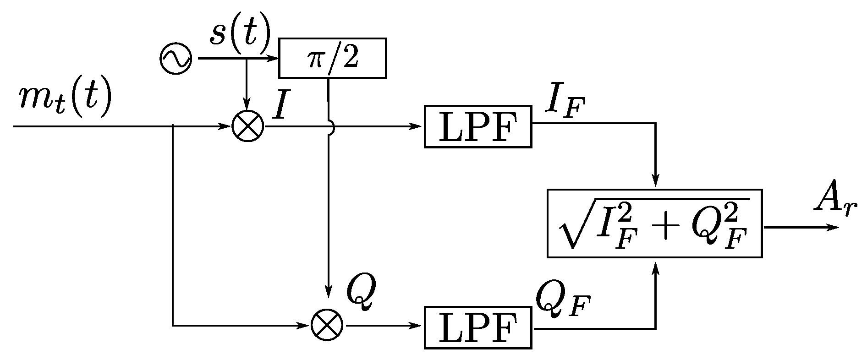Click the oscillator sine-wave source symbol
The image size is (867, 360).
(176, 59)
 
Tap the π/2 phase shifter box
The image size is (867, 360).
(332, 58)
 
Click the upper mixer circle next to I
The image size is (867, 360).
(248, 126)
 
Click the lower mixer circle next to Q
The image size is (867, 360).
(327, 325)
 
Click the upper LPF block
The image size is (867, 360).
(477, 126)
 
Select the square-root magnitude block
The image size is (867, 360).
(654, 223)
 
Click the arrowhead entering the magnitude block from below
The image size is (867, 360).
(656, 266)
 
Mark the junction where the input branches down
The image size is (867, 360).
(172, 126)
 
